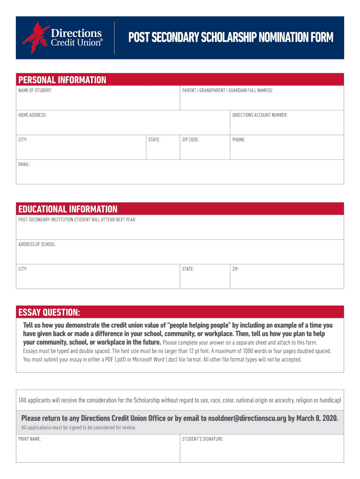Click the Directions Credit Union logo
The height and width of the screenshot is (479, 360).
pos(62,37)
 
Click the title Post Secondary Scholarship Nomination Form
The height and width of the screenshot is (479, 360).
pos(231,37)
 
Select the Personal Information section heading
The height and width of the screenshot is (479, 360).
pos(62,80)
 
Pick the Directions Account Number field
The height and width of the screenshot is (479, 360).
pos(287,125)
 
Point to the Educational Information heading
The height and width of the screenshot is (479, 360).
pos(68,209)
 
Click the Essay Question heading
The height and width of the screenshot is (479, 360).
pos(49,312)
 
